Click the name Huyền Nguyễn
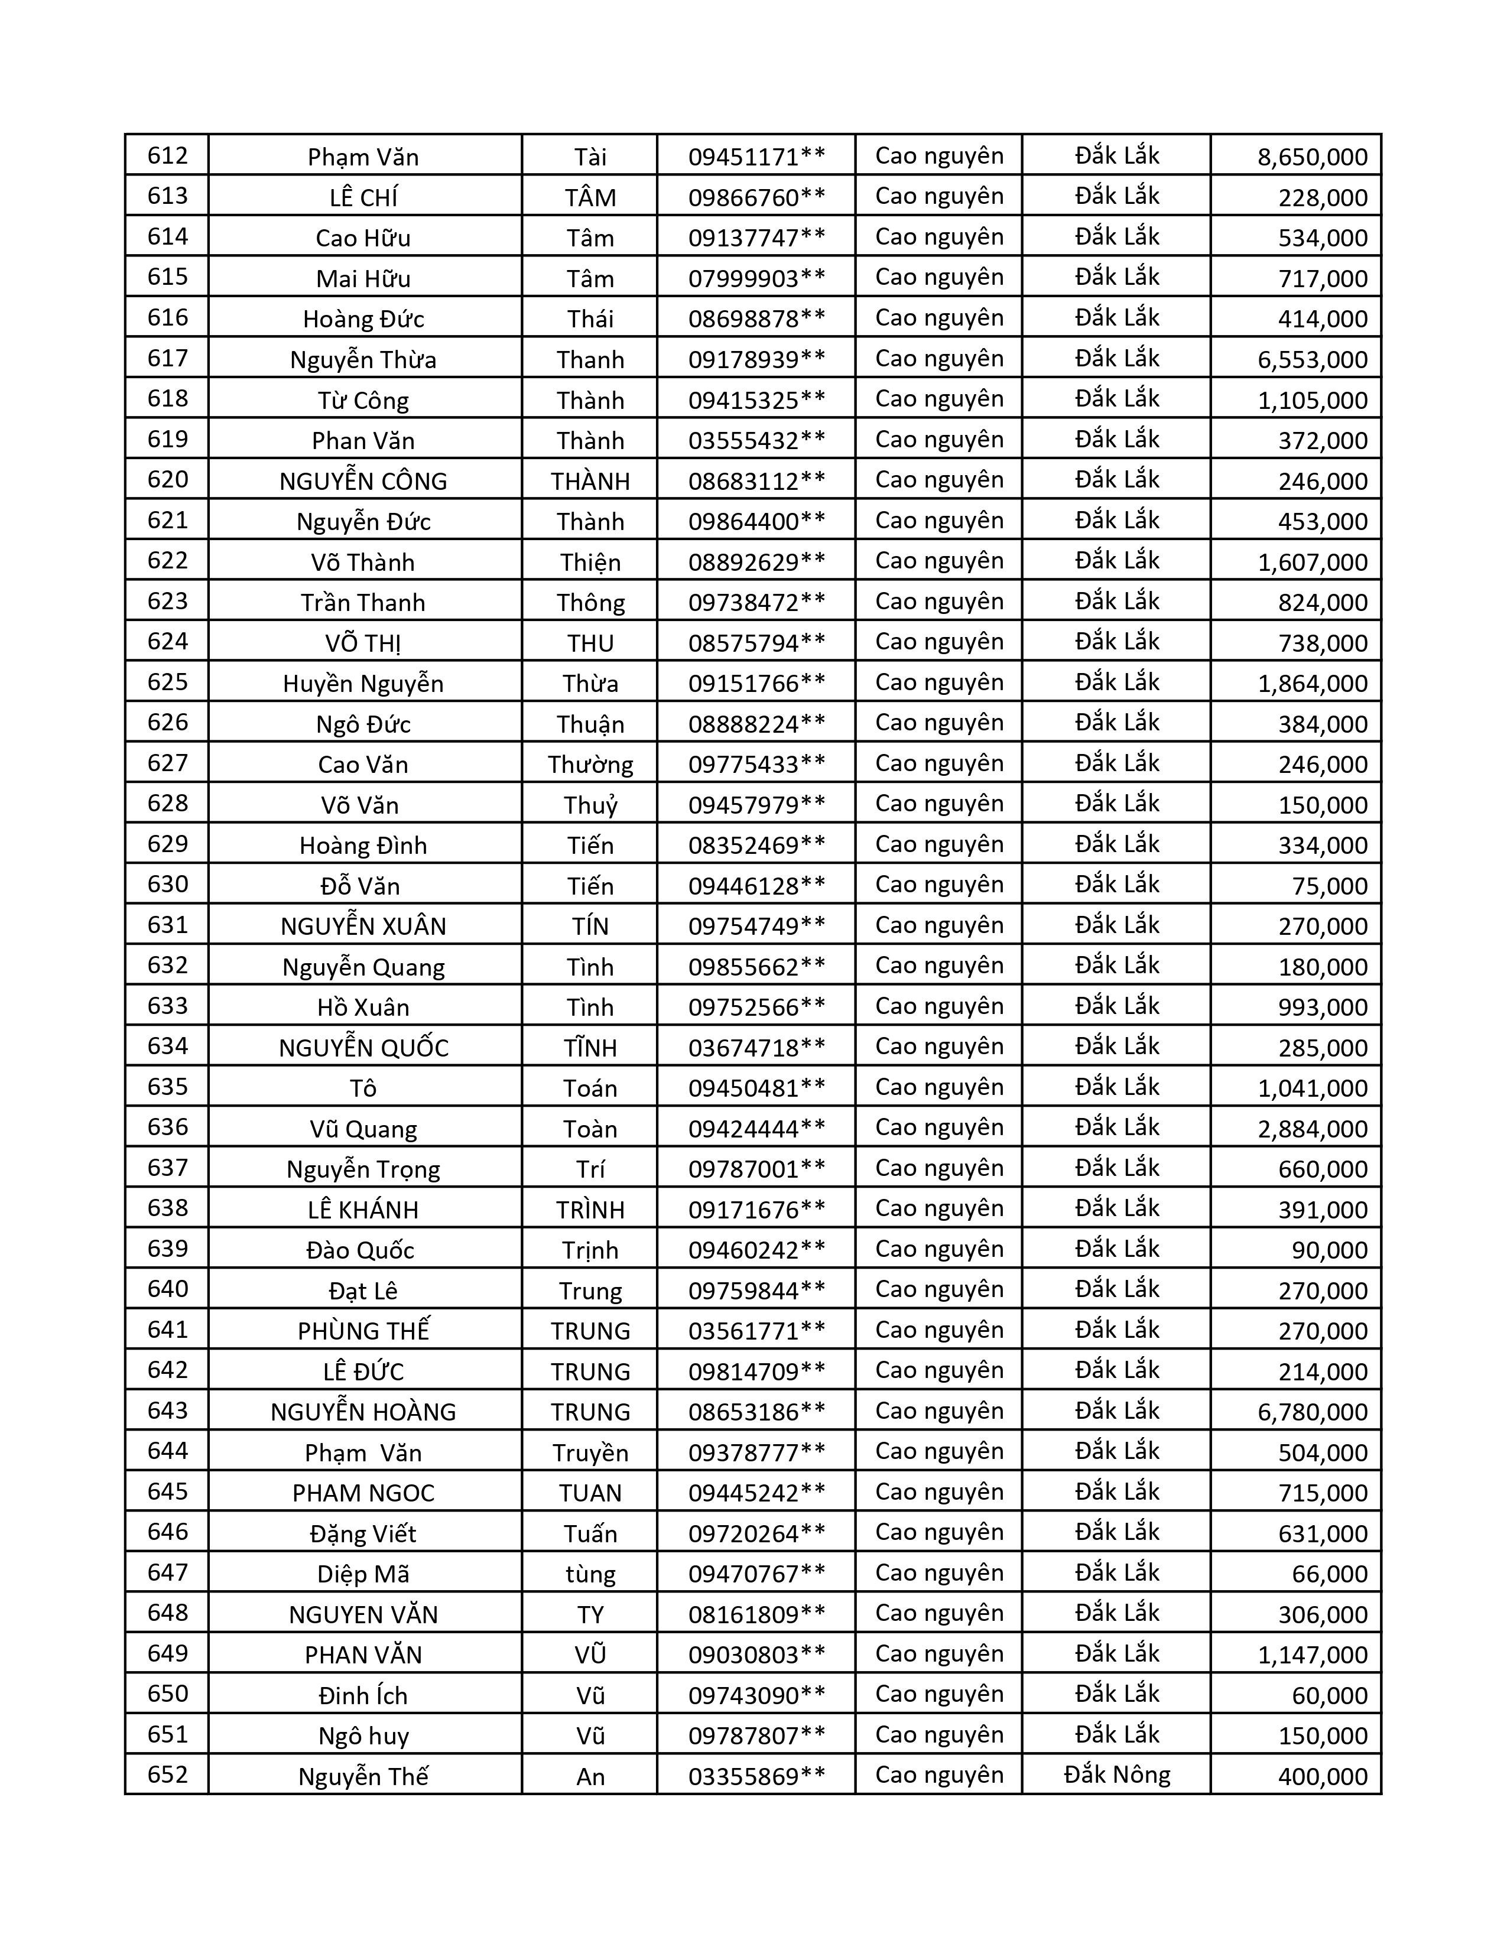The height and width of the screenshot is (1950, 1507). [363, 684]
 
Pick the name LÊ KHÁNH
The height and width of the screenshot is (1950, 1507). [363, 1210]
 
